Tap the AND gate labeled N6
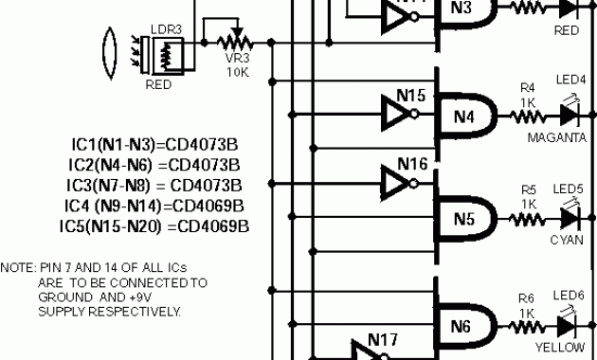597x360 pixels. tap(464, 326)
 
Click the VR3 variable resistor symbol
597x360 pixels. tap(233, 43)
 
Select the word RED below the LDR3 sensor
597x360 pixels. tap(158, 83)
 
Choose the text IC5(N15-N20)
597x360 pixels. tap(111, 226)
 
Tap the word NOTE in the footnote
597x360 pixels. tap(16, 267)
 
